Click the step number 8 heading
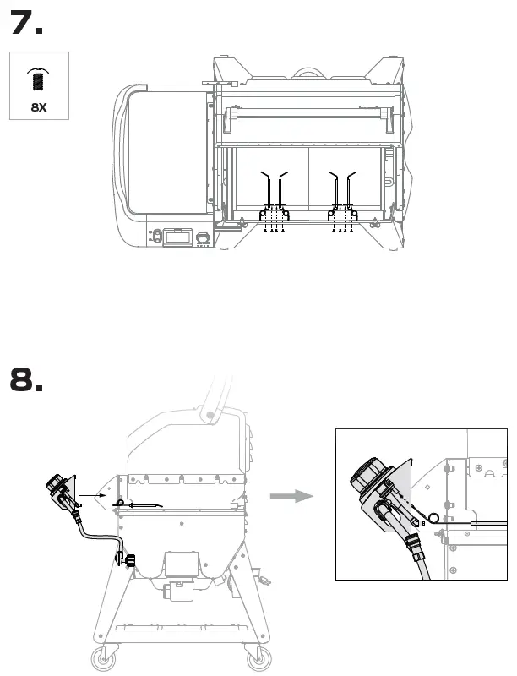click(26, 379)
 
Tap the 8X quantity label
click(39, 107)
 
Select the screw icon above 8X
click(39, 79)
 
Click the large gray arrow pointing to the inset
click(291, 497)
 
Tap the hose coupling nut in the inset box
click(417, 548)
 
